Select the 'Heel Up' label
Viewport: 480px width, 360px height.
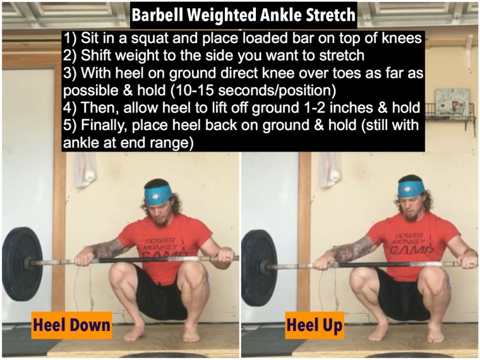point(315,325)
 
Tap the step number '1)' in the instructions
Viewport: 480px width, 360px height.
point(70,39)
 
